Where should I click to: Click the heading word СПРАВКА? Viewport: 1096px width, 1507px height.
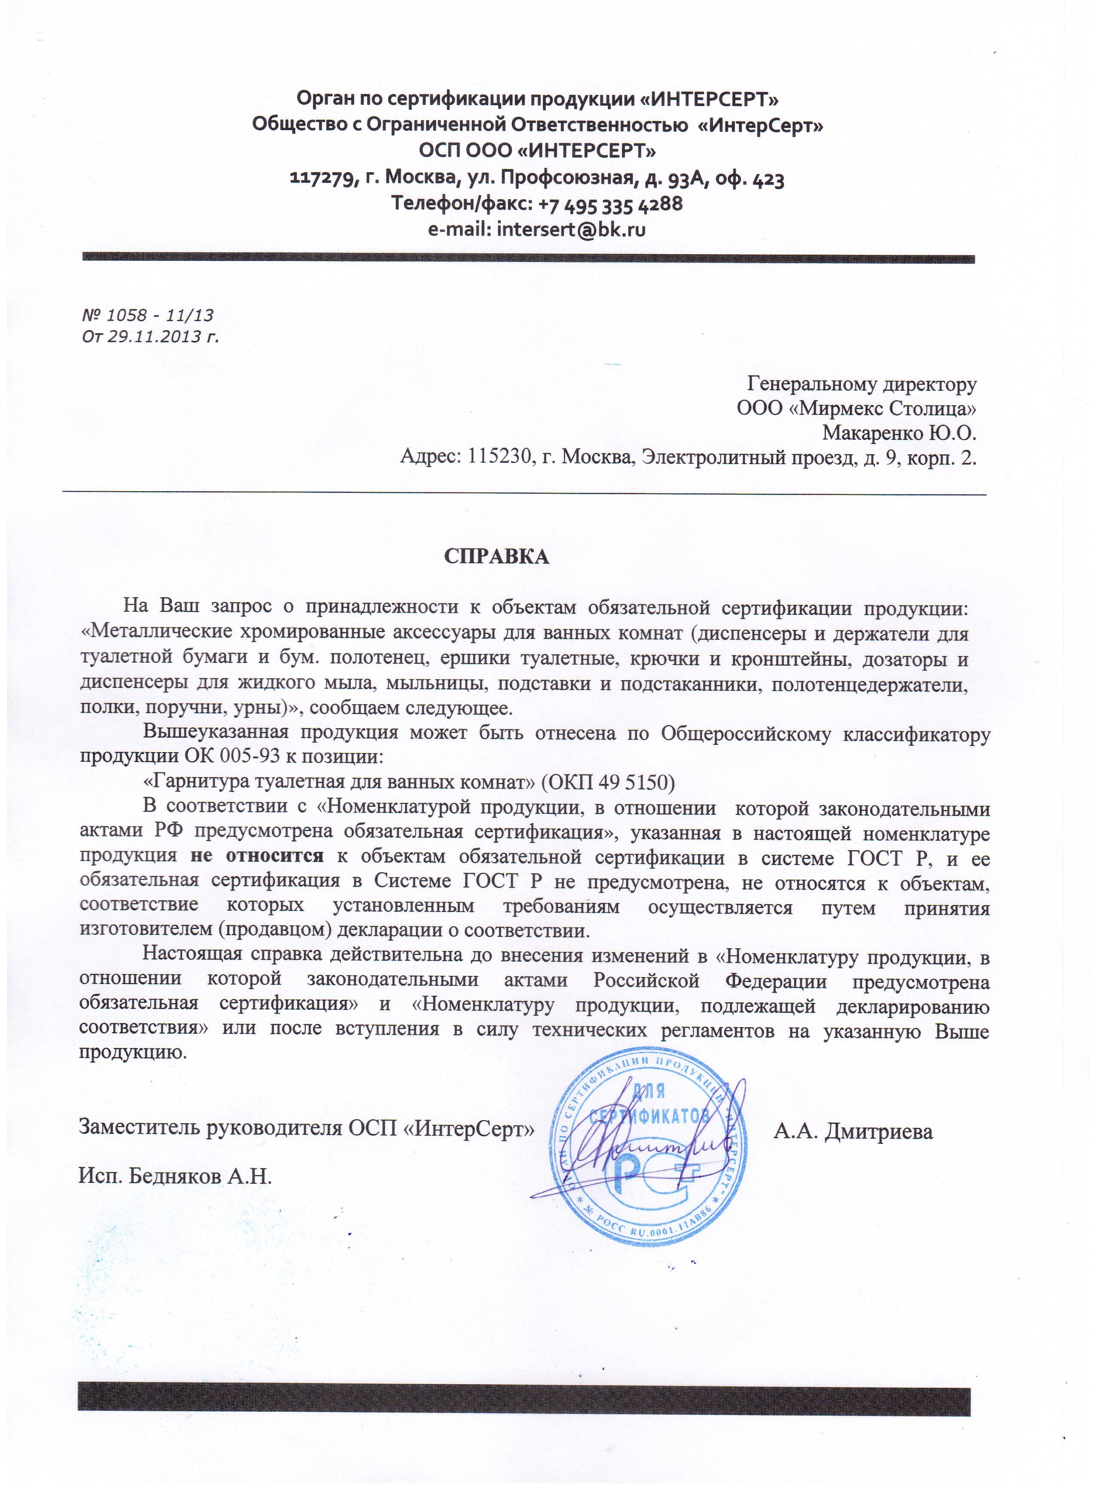496,556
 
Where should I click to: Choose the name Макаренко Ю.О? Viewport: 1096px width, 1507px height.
899,433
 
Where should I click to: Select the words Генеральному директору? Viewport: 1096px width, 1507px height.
862,383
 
